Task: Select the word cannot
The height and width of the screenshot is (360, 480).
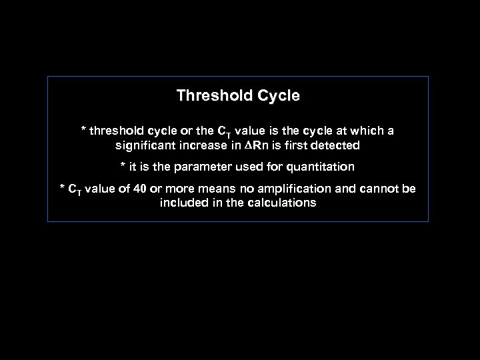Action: [x=379, y=189]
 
